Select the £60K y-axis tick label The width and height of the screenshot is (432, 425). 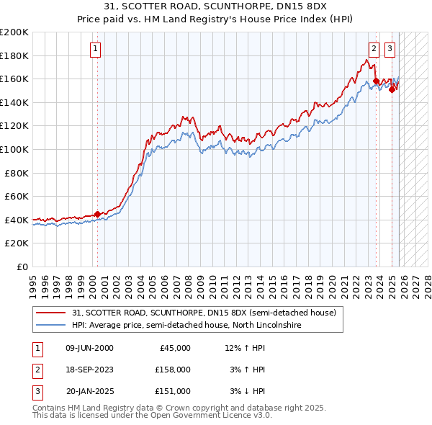pos(17,196)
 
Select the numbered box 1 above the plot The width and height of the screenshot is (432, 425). pos(96,49)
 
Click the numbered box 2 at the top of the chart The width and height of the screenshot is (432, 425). pos(374,49)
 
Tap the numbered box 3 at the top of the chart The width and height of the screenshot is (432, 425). pos(390,49)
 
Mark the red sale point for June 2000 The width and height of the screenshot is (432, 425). pos(98,214)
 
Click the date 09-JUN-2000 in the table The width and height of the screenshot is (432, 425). pos(89,348)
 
